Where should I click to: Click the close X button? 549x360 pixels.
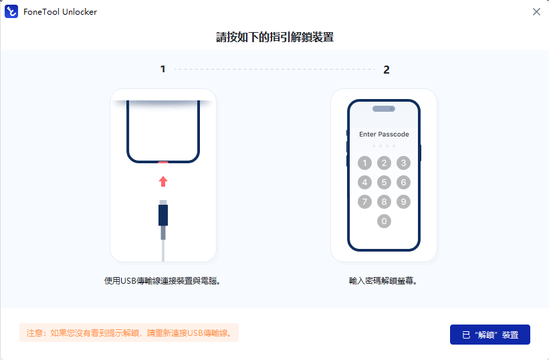point(536,12)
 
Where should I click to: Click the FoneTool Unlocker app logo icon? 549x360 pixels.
point(11,11)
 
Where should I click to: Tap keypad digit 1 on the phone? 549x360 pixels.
point(364,163)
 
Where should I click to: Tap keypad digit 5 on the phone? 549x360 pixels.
point(384,182)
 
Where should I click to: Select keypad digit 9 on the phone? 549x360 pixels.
point(403,201)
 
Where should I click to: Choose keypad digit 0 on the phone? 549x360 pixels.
point(384,221)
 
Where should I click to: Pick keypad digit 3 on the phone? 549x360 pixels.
point(403,163)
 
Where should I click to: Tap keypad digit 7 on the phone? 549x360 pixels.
point(364,201)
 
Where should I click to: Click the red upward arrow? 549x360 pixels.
point(163,181)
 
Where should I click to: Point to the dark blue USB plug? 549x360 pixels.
point(163,215)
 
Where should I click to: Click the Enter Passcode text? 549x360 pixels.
point(384,134)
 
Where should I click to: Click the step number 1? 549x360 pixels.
point(162,69)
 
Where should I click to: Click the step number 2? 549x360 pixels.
point(387,70)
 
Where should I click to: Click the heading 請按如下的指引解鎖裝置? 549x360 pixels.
point(275,37)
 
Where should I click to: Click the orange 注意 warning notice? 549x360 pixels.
point(129,333)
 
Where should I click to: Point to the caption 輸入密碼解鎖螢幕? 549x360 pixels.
point(382,281)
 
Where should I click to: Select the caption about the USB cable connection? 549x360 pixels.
point(162,281)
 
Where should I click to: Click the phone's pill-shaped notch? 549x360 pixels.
point(384,108)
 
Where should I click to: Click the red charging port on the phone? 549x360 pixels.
point(163,163)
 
